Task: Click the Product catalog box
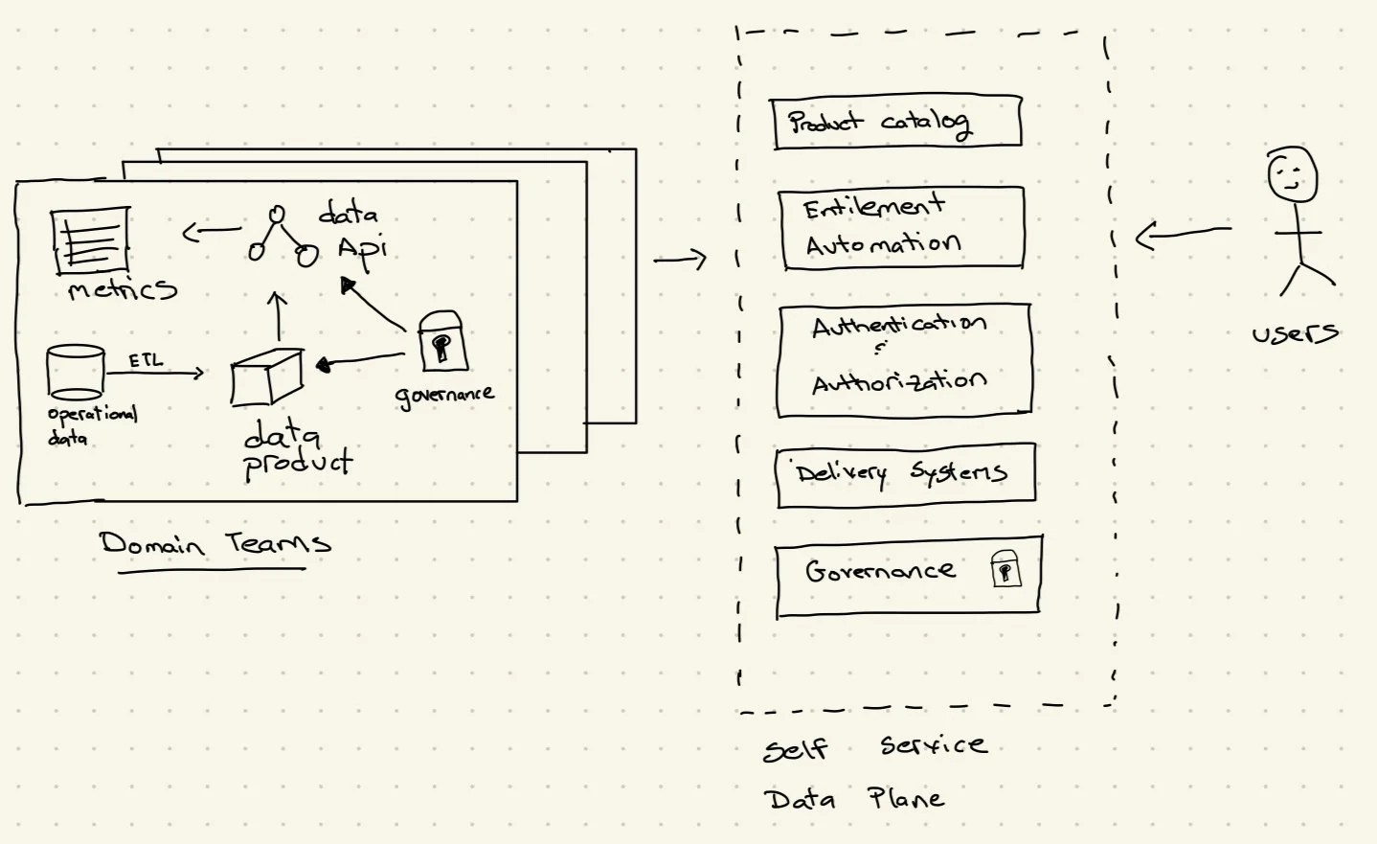[x=895, y=123]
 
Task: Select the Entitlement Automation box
[x=901, y=228]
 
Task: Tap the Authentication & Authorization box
[x=904, y=360]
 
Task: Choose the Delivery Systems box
[x=905, y=473]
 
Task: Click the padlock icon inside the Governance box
[x=1005, y=569]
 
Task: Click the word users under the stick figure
[x=1295, y=333]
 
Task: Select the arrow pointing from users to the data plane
[x=1182, y=233]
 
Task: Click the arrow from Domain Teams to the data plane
[x=680, y=259]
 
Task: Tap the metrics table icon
[x=90, y=240]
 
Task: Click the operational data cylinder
[x=75, y=372]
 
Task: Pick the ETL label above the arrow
[x=146, y=360]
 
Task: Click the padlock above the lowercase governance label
[x=441, y=341]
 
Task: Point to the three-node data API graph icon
[x=280, y=236]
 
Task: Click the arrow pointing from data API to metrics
[x=211, y=231]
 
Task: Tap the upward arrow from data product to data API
[x=278, y=316]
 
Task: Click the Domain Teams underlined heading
[x=214, y=544]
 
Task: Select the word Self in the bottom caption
[x=795, y=748]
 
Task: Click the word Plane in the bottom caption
[x=905, y=798]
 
